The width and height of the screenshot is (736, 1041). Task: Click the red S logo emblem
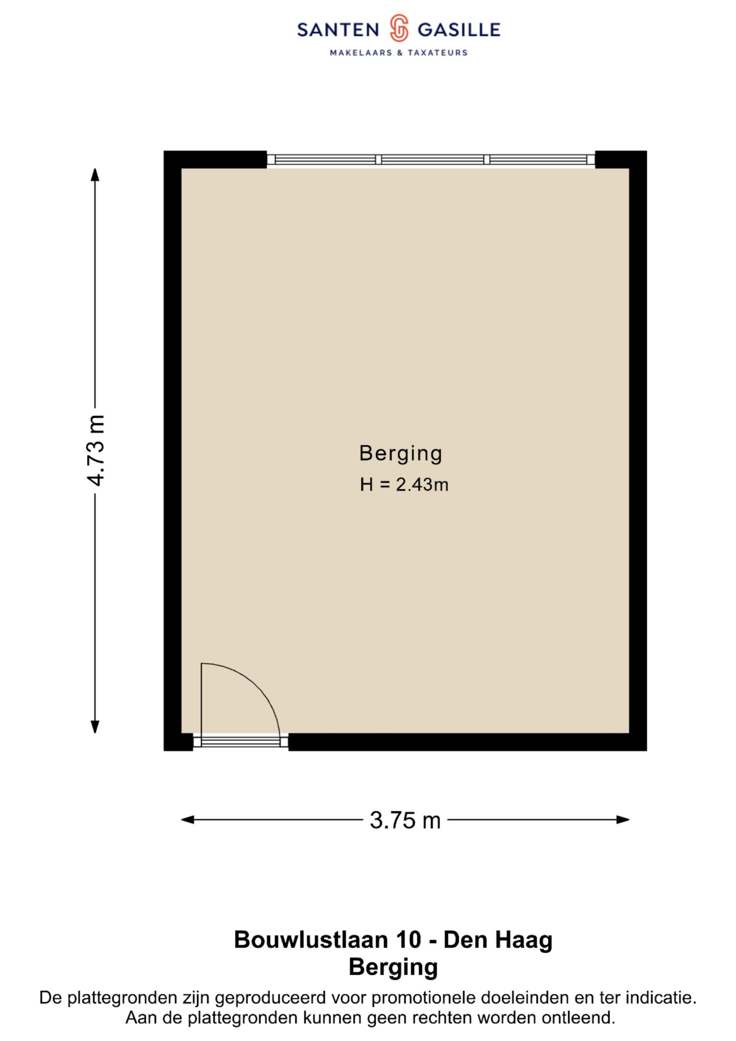(399, 28)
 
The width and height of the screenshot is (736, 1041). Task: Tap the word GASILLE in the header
(459, 30)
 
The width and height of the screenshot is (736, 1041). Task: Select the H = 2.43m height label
(404, 485)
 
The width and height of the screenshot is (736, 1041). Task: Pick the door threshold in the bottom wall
(240, 742)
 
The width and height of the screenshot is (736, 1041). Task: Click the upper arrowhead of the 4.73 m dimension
(95, 175)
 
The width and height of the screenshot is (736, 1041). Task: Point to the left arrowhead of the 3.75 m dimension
(188, 820)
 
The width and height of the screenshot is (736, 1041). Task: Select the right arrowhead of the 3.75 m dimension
(623, 820)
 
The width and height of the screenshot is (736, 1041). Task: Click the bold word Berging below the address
(393, 967)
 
